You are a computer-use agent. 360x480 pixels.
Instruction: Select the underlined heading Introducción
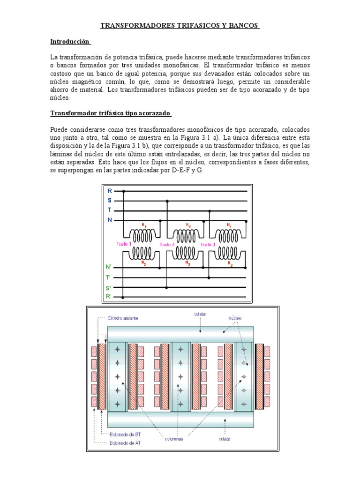pyautogui.click(x=70, y=42)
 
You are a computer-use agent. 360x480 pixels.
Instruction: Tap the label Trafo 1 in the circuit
pyautogui.click(x=124, y=244)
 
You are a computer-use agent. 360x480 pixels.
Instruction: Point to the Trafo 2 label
pyautogui.click(x=167, y=245)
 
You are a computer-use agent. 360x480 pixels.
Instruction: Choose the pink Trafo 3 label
pyautogui.click(x=209, y=245)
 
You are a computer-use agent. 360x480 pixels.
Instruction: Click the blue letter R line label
pyautogui.click(x=110, y=191)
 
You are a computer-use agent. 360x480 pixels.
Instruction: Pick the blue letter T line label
pyautogui.click(x=110, y=210)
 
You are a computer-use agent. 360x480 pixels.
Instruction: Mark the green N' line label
pyautogui.click(x=110, y=267)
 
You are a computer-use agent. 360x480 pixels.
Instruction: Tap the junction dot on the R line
pyautogui.click(x=124, y=191)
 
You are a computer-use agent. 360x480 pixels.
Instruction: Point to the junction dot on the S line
pyautogui.click(x=167, y=201)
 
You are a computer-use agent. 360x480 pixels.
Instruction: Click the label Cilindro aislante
pyautogui.click(x=122, y=317)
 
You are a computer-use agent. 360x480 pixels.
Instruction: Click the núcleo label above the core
pyautogui.click(x=234, y=317)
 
